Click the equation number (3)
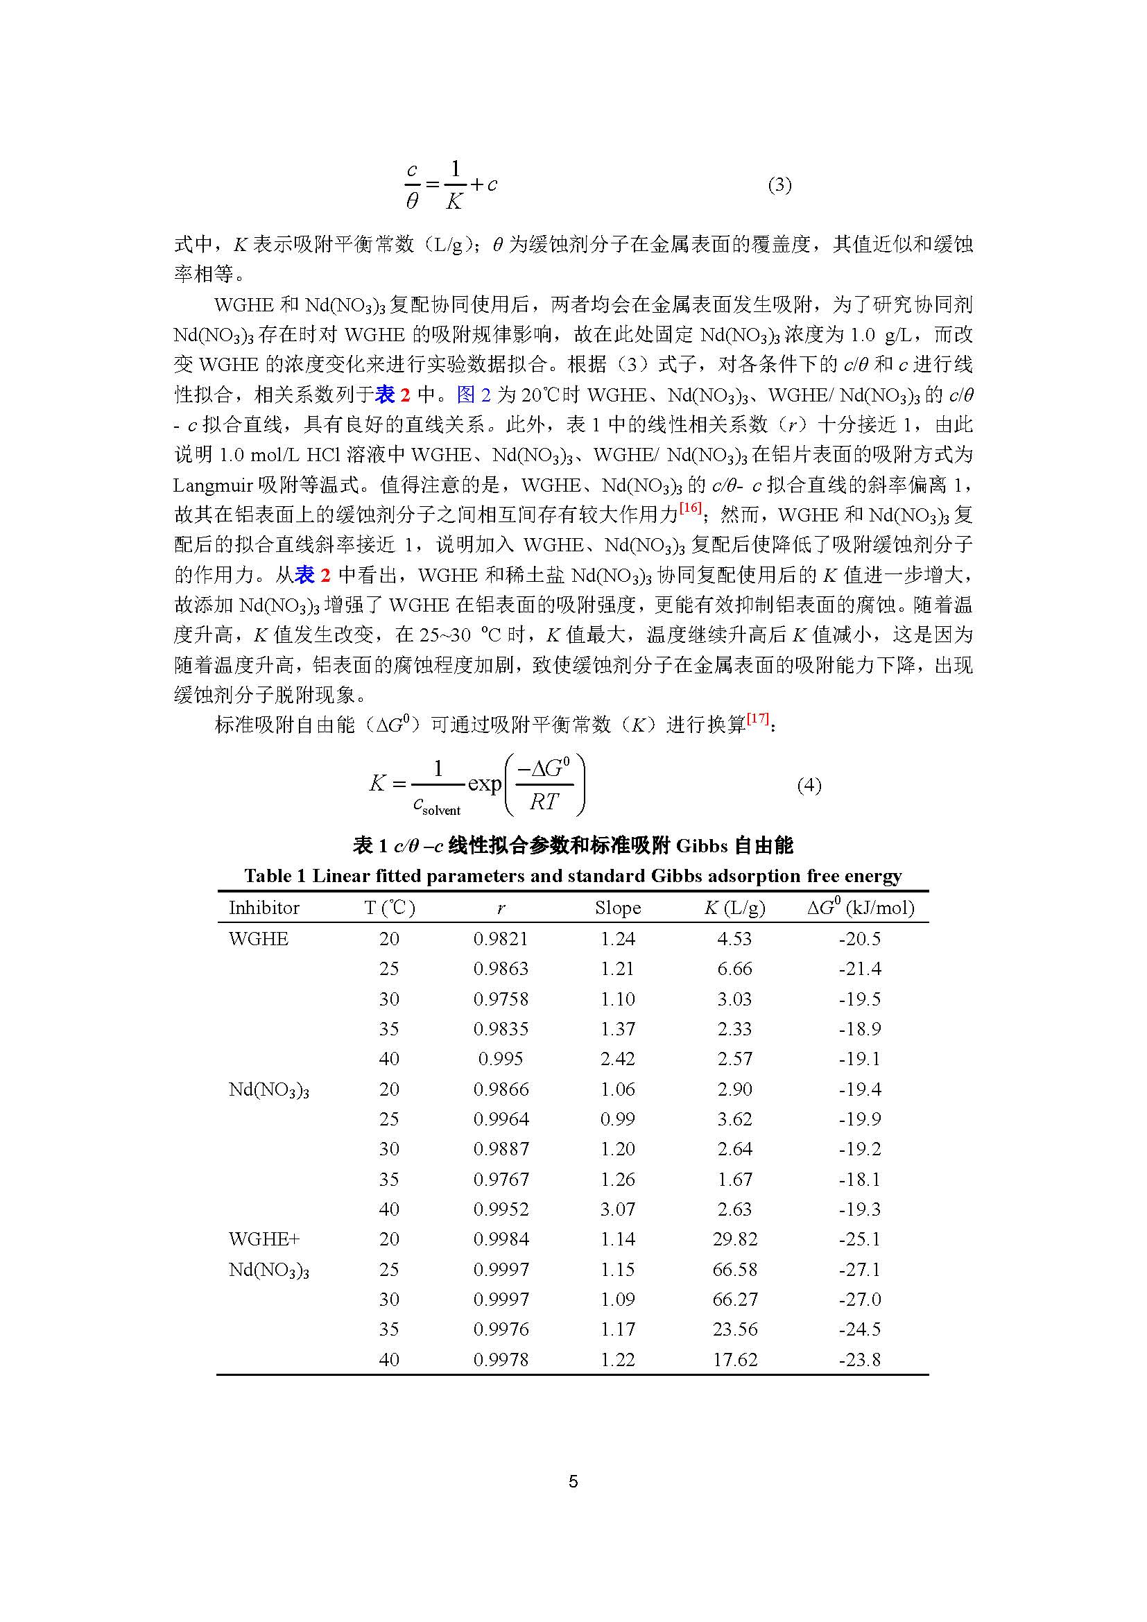click(x=779, y=185)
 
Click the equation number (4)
click(x=809, y=785)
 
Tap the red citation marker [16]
click(x=690, y=508)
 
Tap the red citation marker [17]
click(x=758, y=718)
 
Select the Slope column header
click(x=617, y=908)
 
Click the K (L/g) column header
click(x=734, y=908)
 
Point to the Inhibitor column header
click(x=264, y=908)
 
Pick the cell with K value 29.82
click(x=734, y=1239)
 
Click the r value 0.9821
click(x=501, y=939)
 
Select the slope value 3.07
click(x=617, y=1209)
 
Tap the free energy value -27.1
click(x=859, y=1270)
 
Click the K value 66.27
click(x=734, y=1299)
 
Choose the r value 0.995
click(x=501, y=1059)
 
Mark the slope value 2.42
click(x=617, y=1059)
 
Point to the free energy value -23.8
click(x=859, y=1359)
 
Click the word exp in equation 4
click(x=485, y=784)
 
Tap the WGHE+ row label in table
click(x=259, y=1239)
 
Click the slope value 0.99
click(x=617, y=1119)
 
